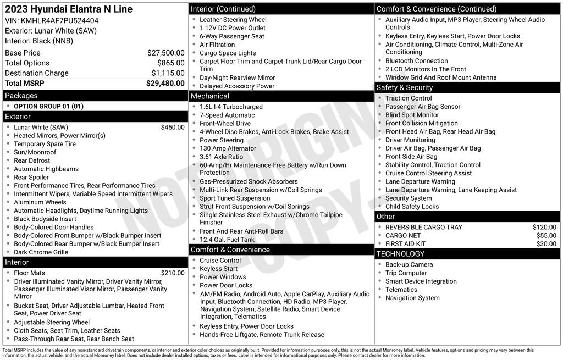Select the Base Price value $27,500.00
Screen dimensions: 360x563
[x=165, y=53]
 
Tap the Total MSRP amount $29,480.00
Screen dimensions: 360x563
[x=165, y=84]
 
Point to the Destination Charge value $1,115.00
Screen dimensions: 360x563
[x=168, y=73]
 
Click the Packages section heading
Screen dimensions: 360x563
[x=21, y=96]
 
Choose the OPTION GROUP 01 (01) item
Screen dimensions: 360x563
[x=48, y=107]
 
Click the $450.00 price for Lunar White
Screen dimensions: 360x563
[x=173, y=128]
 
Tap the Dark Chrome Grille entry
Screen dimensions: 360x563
[x=41, y=252]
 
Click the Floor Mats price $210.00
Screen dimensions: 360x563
[x=173, y=273]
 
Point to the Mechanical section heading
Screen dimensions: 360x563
[x=209, y=96]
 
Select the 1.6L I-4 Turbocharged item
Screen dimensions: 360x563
[x=231, y=107]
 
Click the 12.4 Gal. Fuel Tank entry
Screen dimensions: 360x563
[x=227, y=240]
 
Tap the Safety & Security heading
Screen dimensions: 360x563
[x=404, y=87]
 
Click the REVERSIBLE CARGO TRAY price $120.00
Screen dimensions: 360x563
[x=544, y=228]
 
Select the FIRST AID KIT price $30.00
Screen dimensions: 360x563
[x=546, y=244]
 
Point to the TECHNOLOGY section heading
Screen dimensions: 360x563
[x=400, y=254]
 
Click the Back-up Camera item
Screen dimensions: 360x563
[x=409, y=265]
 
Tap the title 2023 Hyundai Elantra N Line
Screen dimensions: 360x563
[x=69, y=9]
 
